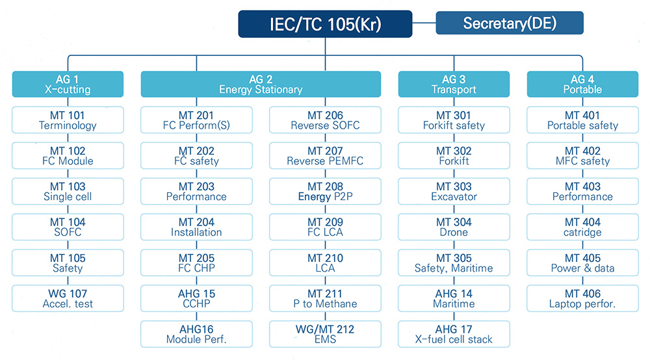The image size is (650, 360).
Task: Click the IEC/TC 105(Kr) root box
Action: [x=325, y=24]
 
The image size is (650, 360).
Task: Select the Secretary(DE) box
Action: [x=510, y=23]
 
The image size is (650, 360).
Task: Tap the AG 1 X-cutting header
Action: [x=68, y=84]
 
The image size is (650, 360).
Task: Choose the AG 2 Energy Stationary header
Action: [x=261, y=84]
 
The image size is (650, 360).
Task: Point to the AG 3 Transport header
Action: [x=454, y=84]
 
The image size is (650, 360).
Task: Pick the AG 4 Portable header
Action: [x=582, y=84]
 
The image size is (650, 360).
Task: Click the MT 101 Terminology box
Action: [x=68, y=120]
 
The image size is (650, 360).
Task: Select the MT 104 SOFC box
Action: [x=68, y=227]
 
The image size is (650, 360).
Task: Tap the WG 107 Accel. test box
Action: [x=68, y=298]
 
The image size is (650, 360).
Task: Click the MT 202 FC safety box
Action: [x=196, y=156]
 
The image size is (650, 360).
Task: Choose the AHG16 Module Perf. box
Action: [x=196, y=334]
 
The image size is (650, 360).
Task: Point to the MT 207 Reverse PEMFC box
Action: [x=325, y=156]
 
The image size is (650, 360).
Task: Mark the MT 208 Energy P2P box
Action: [x=325, y=192]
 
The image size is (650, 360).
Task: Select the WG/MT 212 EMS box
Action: [x=325, y=334]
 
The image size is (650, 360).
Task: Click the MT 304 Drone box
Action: [x=454, y=227]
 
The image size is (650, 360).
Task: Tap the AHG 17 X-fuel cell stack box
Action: [x=454, y=334]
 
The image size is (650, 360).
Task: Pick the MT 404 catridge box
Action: [x=582, y=227]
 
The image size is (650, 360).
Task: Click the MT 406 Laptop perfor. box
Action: [x=582, y=298]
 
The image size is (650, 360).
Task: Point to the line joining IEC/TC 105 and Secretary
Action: [x=424, y=23]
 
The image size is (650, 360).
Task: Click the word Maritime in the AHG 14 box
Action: [x=454, y=303]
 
